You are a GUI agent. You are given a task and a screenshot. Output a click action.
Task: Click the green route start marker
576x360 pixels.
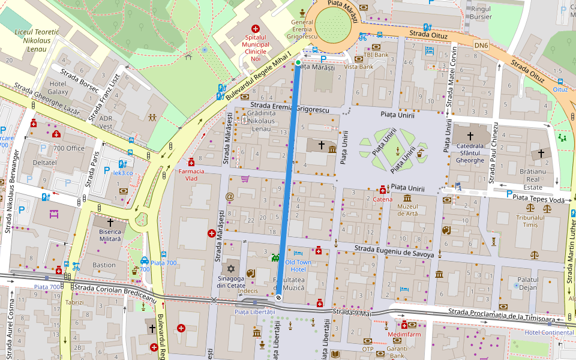pos(298,62)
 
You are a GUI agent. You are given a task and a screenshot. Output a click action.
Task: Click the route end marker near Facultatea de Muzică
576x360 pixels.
pos(279,298)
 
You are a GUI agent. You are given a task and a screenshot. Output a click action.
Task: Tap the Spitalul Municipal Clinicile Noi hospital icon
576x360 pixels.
pos(256,28)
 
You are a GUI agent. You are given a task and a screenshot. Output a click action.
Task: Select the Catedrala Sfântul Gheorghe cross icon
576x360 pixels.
pos(470,136)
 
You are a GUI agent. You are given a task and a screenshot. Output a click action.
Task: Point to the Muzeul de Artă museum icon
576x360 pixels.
pos(407,199)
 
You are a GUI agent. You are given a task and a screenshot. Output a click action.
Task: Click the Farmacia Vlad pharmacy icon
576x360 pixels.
pos(191,162)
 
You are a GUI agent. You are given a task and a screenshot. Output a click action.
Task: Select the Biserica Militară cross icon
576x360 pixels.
pos(110,222)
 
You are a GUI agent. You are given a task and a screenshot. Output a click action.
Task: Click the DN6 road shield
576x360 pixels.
pos(481,45)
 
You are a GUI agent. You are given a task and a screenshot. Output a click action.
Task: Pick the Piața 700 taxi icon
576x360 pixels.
pos(145,260)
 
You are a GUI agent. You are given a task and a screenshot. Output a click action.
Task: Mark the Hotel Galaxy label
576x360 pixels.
pos(58,88)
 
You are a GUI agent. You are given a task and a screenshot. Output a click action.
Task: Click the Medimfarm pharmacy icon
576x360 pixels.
pos(404,325)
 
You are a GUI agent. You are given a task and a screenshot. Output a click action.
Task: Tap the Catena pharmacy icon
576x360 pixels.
pos(383,190)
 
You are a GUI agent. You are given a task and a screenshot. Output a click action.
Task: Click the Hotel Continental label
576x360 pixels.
pos(549,332)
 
